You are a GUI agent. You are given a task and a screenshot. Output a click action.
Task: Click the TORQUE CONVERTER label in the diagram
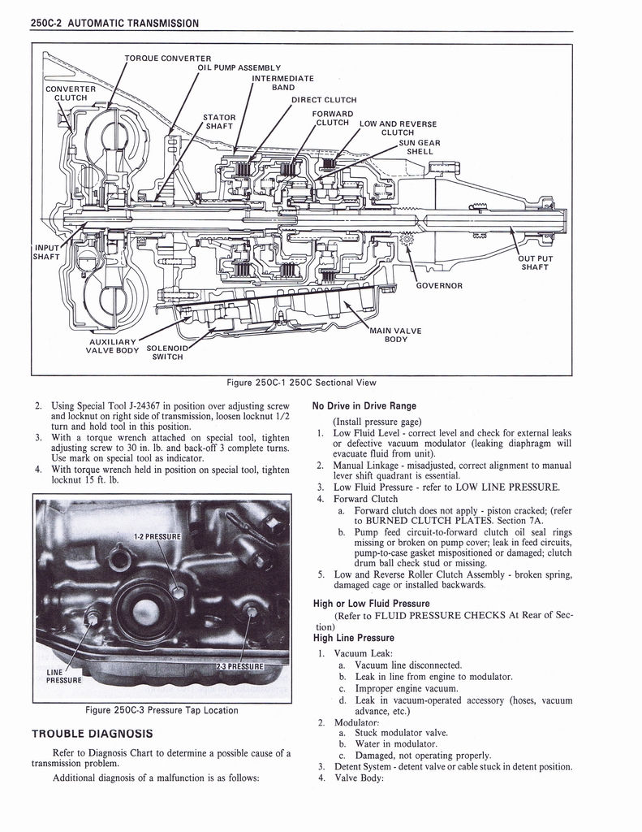tap(168, 58)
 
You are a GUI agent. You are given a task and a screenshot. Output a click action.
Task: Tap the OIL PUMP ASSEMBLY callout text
tap(239, 67)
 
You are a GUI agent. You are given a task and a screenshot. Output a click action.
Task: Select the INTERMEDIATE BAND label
tap(282, 83)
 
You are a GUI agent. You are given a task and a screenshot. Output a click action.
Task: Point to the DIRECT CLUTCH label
tap(324, 100)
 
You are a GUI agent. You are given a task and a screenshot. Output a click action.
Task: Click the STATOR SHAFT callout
tap(219, 121)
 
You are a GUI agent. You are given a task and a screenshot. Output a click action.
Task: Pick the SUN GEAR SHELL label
tap(420, 147)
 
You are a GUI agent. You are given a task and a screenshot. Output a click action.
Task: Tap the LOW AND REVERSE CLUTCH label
tap(398, 128)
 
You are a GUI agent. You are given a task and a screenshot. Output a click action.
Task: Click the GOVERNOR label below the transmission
tap(439, 285)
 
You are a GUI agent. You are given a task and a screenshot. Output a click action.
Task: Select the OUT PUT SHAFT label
tap(536, 262)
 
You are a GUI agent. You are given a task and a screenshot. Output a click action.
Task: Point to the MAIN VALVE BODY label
tap(395, 334)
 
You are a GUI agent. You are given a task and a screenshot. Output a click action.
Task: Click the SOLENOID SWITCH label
tap(168, 353)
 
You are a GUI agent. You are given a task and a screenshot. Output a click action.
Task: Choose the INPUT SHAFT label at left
tap(45, 253)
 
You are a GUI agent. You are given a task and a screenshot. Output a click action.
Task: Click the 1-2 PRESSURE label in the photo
tap(157, 536)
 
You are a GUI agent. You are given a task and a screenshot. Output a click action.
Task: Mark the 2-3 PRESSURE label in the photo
tap(240, 666)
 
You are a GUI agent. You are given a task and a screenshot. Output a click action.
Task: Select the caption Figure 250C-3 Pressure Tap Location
tap(162, 710)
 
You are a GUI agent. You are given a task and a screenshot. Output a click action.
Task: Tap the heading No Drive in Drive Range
tap(364, 405)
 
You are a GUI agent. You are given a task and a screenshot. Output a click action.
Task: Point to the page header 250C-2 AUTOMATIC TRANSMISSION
tap(114, 23)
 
